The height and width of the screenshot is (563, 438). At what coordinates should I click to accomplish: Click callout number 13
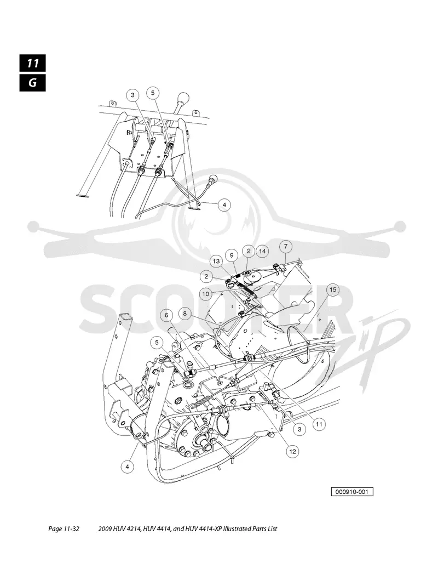pos(216,261)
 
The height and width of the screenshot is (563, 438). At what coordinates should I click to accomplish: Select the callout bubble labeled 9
pos(232,255)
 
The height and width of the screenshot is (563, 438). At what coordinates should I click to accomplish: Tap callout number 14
pos(262,251)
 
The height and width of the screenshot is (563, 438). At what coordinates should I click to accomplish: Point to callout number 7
pos(286,246)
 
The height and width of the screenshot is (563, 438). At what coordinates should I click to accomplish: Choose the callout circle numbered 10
pos(205,294)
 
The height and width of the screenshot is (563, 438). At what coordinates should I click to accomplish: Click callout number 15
pos(333,289)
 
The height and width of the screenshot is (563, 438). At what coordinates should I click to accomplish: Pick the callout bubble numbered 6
pos(166,315)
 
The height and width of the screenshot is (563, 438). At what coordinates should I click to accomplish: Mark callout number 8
pos(185,314)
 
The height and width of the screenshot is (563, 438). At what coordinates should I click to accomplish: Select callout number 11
pos(319,424)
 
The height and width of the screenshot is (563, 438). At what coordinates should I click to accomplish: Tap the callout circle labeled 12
pos(293,451)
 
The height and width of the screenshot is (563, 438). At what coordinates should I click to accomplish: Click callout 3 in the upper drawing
pos(132,95)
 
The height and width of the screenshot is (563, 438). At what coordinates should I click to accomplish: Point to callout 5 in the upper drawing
pos(153,93)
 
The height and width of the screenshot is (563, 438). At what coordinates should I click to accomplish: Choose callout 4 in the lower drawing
pos(127,467)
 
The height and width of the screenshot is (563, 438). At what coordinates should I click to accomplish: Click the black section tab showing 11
pos(33,63)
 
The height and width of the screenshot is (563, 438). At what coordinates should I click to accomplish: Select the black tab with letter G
pos(33,83)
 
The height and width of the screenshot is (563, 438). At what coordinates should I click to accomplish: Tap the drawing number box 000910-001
pos(352,492)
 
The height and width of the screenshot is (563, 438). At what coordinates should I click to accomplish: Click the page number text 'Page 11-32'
pos(64,528)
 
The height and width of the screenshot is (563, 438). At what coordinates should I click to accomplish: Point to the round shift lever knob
pos(183,97)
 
